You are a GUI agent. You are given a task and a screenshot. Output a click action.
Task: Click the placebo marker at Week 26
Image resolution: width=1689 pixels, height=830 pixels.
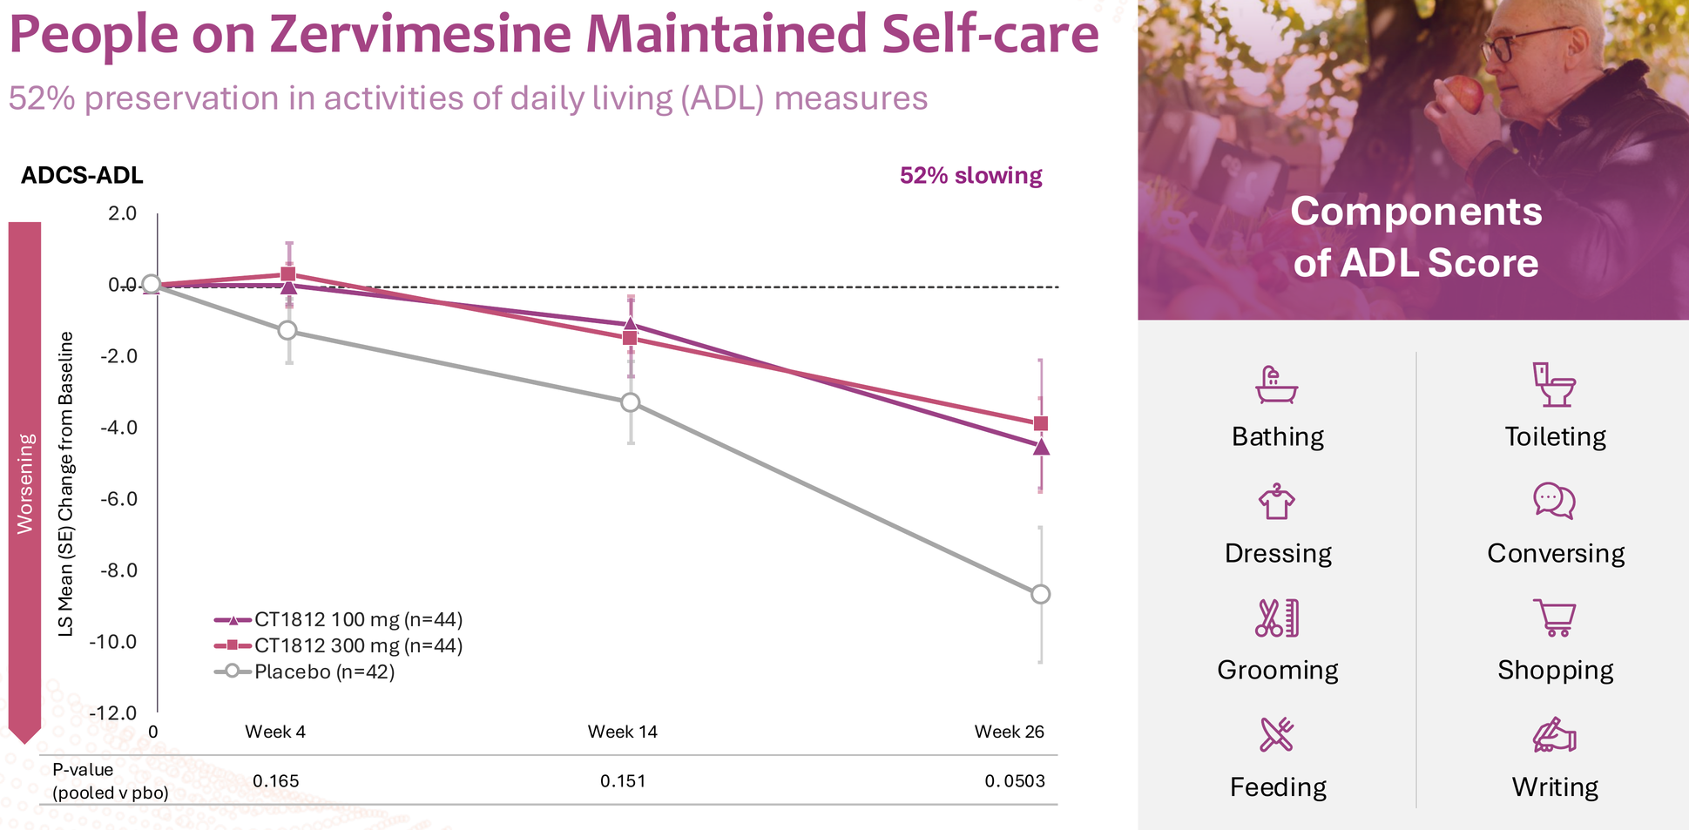(x=1040, y=594)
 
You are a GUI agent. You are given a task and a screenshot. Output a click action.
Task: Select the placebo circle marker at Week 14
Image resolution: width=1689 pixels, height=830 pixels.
(x=630, y=402)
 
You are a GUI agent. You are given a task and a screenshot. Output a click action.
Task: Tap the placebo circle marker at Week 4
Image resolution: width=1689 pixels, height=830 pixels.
(x=287, y=330)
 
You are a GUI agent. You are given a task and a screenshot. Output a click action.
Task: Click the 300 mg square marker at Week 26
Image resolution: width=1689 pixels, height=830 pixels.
(x=1040, y=424)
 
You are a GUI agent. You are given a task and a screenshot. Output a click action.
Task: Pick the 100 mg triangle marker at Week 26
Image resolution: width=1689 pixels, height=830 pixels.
(x=1040, y=447)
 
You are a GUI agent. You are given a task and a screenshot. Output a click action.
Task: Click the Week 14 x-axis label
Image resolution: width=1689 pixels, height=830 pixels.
(x=622, y=732)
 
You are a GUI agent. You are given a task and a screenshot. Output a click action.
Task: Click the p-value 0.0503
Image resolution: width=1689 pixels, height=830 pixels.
(x=1015, y=781)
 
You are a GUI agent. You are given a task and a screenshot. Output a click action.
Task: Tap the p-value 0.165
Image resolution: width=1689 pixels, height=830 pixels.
(x=275, y=781)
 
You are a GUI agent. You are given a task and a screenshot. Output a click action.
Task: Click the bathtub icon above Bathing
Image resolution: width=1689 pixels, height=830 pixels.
(x=1277, y=385)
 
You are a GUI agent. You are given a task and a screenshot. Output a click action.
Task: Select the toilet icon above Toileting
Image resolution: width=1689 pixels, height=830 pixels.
(x=1554, y=385)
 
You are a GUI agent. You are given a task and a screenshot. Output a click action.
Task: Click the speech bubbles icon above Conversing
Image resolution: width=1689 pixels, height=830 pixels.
(x=1554, y=501)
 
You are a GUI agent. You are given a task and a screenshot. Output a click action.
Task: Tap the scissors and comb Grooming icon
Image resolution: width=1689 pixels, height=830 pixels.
(x=1277, y=617)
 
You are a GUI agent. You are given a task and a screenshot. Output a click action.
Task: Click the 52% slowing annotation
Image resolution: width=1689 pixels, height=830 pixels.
(x=970, y=176)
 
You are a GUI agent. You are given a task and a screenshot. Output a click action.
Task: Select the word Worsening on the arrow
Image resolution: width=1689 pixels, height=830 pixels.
(x=25, y=483)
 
